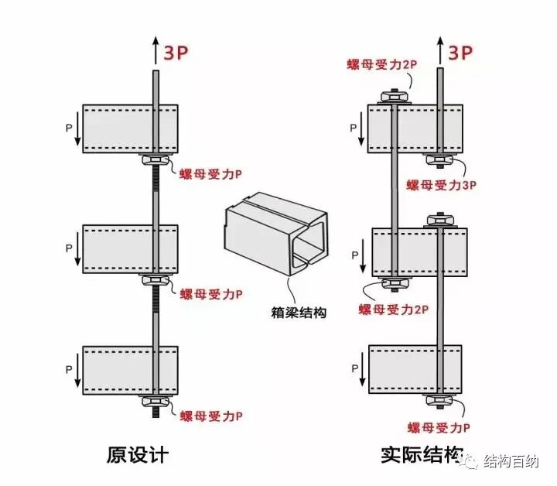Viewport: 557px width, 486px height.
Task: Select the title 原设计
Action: click(x=138, y=455)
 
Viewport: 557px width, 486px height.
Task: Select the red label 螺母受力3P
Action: click(x=441, y=185)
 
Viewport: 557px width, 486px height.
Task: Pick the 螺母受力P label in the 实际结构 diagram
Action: click(x=438, y=427)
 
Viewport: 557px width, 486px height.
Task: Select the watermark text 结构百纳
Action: click(x=511, y=461)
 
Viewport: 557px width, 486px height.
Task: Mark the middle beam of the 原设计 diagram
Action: click(x=131, y=248)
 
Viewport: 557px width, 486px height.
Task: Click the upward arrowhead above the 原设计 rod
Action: click(x=155, y=43)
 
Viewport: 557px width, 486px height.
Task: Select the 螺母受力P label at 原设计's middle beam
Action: click(x=211, y=294)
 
